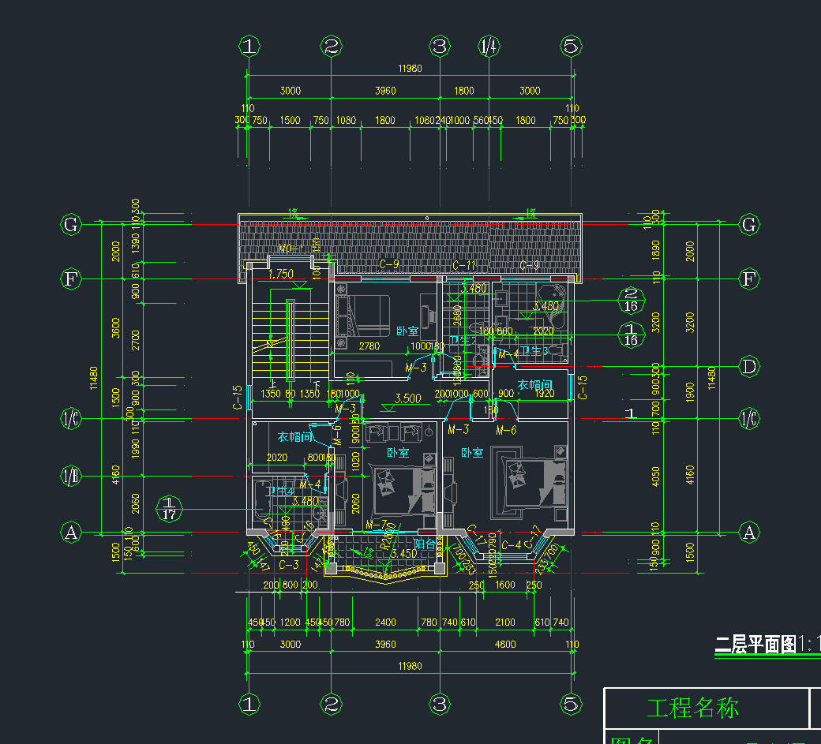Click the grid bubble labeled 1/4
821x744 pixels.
[489, 46]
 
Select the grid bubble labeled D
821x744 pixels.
[749, 366]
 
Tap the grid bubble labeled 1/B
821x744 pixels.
[71, 476]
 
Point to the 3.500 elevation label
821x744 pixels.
[407, 398]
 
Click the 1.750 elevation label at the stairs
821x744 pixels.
[280, 275]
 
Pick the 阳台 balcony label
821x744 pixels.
[425, 544]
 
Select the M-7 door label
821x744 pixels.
[376, 525]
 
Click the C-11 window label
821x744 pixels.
[464, 265]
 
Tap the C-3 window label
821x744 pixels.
[289, 565]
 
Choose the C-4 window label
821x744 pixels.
[512, 544]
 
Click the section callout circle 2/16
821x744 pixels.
[631, 300]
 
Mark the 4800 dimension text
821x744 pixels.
[504, 644]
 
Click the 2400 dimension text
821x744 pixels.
[385, 622]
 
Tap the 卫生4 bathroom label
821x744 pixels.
[280, 492]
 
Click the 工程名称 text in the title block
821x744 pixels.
[692, 708]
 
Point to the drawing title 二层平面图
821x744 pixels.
[755, 645]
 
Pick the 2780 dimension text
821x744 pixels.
[369, 346]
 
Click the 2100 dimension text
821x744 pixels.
[504, 622]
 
